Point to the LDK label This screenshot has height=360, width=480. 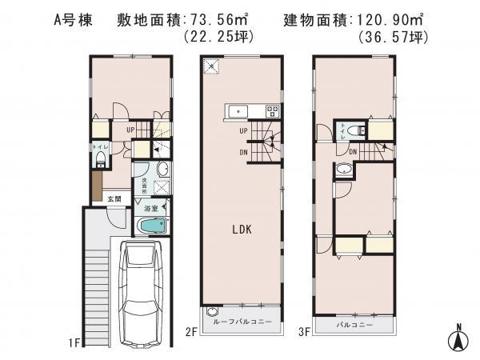(x=242, y=229)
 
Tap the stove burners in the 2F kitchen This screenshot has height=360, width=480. (x=271, y=110)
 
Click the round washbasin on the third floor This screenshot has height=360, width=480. (x=345, y=170)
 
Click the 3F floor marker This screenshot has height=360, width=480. (x=305, y=329)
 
